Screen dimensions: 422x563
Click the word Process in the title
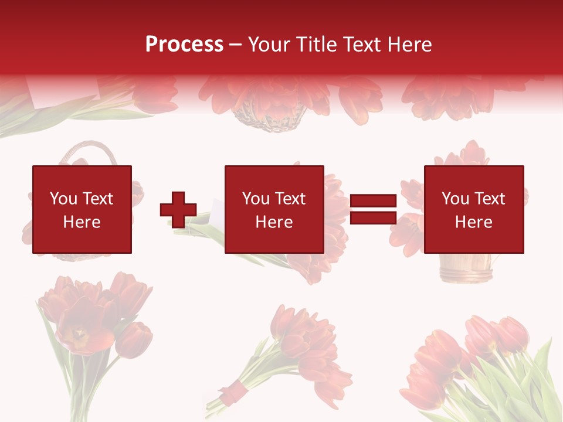[184, 45]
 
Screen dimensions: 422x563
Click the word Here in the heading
[408, 45]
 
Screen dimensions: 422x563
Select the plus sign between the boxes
[178, 210]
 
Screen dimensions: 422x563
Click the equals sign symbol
[373, 210]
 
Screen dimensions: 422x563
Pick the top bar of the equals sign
[373, 201]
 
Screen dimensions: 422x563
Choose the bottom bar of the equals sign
[373, 218]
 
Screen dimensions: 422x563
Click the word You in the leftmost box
[63, 199]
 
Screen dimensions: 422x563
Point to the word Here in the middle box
[274, 222]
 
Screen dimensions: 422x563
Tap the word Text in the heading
[362, 45]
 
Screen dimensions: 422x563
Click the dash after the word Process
[235, 45]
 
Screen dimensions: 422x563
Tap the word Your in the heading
[269, 45]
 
